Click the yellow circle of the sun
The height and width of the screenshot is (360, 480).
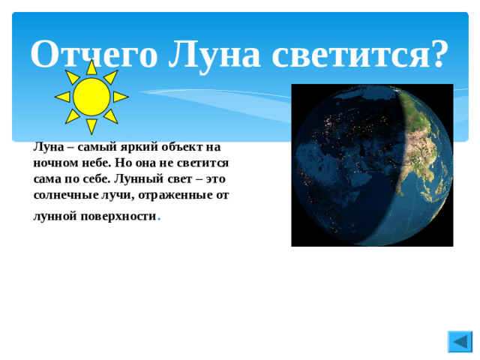point(91,96)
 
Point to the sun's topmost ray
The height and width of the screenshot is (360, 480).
point(91,67)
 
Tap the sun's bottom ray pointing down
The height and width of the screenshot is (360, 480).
point(91,125)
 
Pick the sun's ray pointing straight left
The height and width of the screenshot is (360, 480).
point(63,97)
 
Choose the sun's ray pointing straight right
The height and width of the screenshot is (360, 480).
point(120,97)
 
